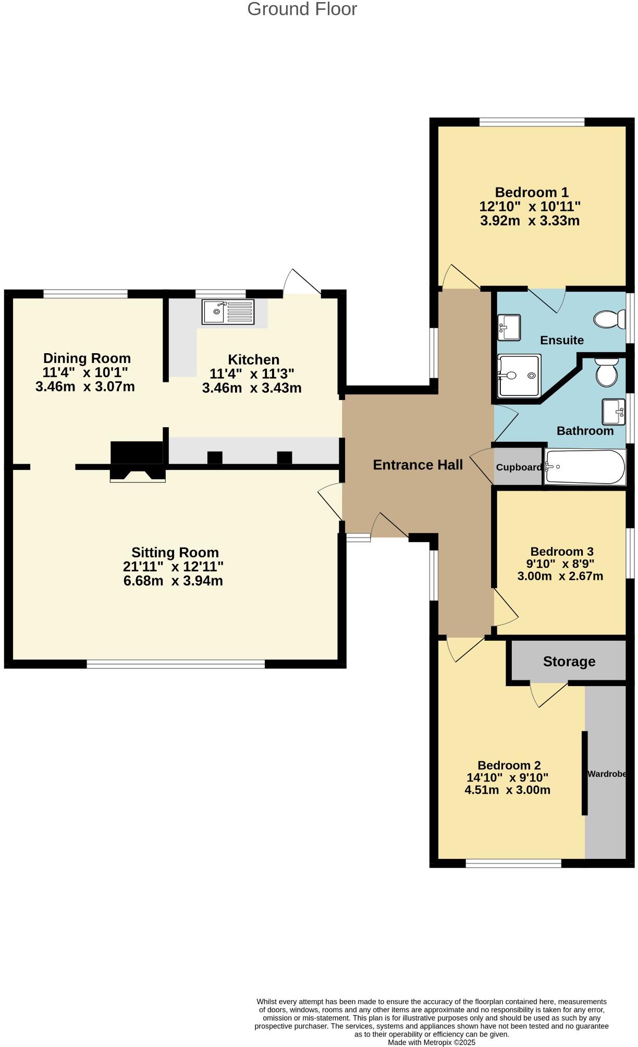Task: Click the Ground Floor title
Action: tap(302, 9)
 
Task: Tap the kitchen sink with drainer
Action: tap(228, 312)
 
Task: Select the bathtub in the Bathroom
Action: tap(584, 467)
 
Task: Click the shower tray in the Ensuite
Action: tap(519, 375)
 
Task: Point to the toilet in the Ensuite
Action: tap(609, 319)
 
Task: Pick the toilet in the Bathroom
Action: tap(606, 371)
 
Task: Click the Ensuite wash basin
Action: tap(508, 327)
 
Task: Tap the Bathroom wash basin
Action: tap(614, 412)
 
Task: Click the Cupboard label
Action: tap(519, 467)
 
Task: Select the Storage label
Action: tap(569, 662)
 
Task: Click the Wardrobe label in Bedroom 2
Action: tap(606, 774)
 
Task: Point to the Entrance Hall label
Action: tap(418, 465)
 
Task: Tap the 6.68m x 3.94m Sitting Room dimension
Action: tap(173, 581)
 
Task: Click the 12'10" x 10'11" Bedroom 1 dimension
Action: tap(530, 206)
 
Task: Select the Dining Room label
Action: tap(87, 358)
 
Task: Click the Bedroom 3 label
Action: tap(561, 551)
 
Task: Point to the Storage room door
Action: tap(548, 693)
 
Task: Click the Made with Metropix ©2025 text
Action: tap(431, 1042)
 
